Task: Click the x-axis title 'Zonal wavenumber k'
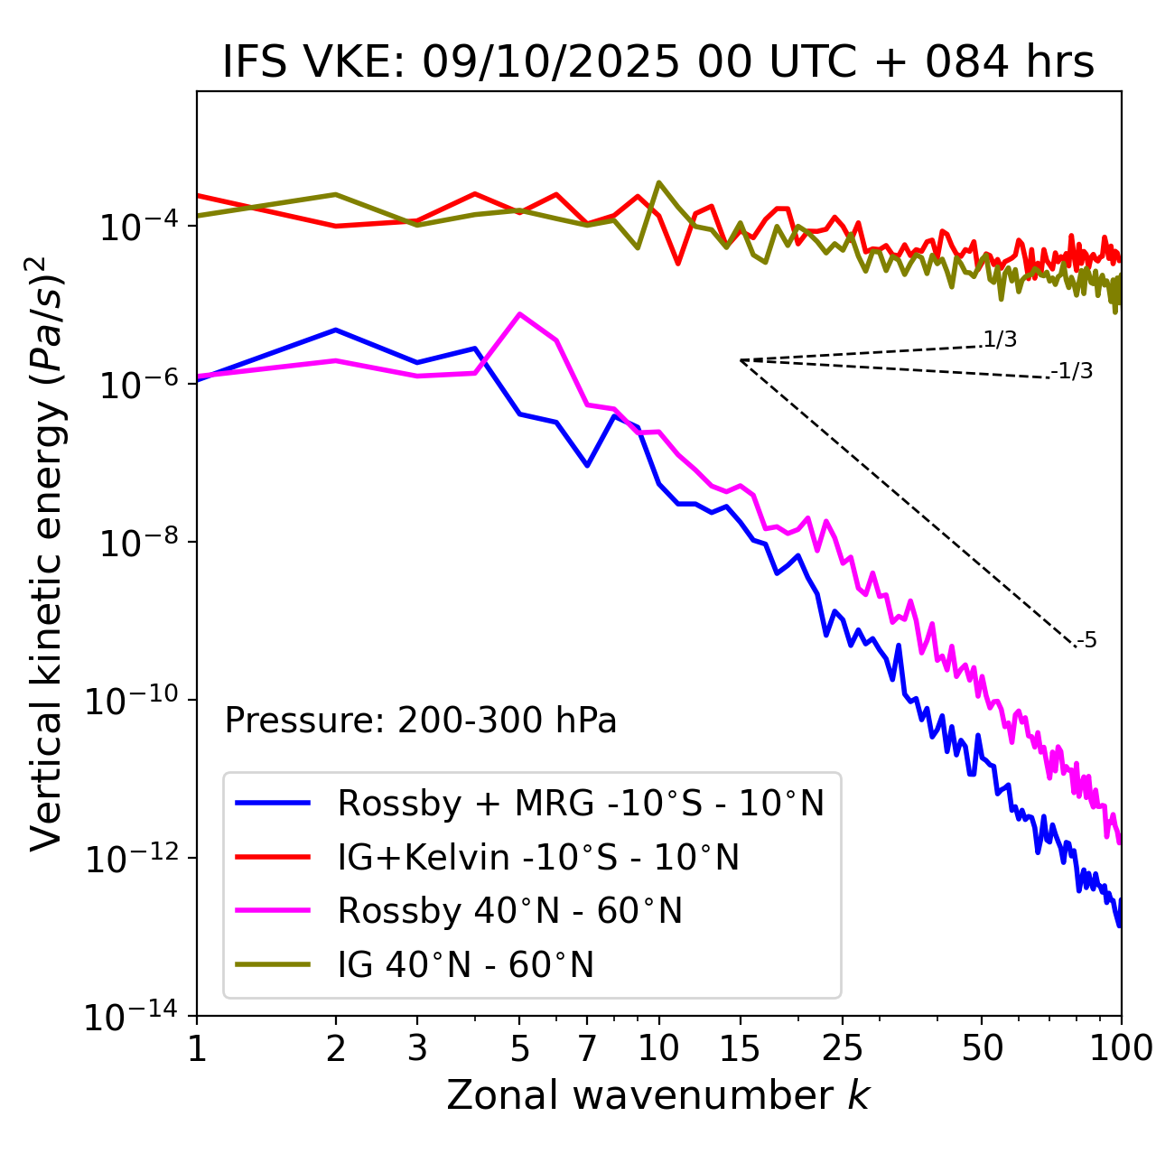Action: coord(658,1095)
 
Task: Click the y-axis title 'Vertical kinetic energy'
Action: coord(47,554)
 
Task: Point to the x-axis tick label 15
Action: coord(740,1047)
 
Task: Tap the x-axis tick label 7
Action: coord(587,1047)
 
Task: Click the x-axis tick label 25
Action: coord(843,1047)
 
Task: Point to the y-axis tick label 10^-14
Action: coord(131,1018)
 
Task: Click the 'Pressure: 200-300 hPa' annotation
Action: coord(421,721)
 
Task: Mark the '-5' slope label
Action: coord(1087,641)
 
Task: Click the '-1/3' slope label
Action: coord(1073,371)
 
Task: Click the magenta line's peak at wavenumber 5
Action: coord(519,314)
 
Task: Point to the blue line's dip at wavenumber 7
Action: coord(587,465)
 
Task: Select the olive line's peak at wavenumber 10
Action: coord(659,182)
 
